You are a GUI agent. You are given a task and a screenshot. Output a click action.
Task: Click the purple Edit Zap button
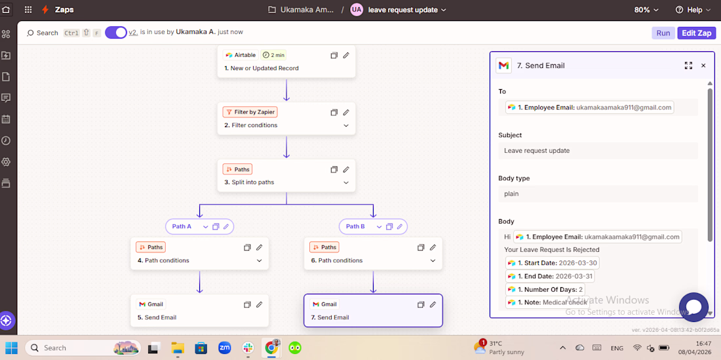click(x=697, y=33)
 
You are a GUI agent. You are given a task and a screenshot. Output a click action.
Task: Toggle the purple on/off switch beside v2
click(x=116, y=33)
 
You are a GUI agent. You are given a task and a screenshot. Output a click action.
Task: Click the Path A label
click(x=182, y=226)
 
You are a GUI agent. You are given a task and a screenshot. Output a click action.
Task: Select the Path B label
click(x=355, y=226)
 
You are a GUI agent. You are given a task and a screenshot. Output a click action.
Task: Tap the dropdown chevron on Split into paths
click(x=346, y=182)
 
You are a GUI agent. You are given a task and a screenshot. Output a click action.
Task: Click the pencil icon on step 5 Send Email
click(x=260, y=304)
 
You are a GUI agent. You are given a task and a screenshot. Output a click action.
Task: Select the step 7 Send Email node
click(x=373, y=310)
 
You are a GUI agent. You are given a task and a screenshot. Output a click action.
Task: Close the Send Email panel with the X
click(x=703, y=66)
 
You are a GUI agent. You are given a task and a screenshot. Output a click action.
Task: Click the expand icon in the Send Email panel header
click(x=688, y=66)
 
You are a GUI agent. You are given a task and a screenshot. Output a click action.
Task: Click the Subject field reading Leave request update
click(x=598, y=150)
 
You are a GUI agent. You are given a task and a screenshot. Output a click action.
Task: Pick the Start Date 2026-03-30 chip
click(x=553, y=263)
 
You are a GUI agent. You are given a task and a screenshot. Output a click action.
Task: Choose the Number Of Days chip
click(x=545, y=290)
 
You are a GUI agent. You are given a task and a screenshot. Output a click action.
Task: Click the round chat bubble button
click(x=693, y=307)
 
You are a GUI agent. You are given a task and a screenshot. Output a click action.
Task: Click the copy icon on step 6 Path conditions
click(x=421, y=247)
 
